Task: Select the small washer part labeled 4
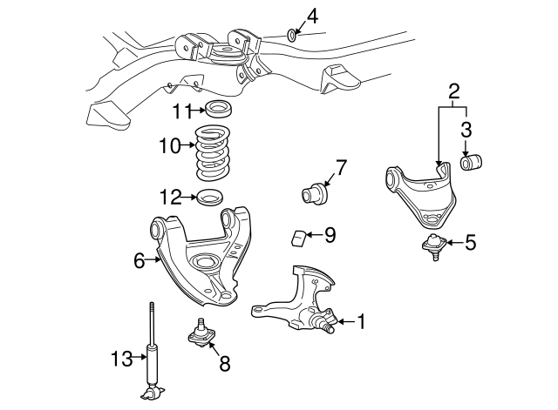tap(292, 35)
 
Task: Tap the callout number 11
tap(180, 111)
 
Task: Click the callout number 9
tap(330, 234)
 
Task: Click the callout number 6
tap(139, 259)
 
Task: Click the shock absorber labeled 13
tap(153, 353)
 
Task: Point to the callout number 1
tap(361, 322)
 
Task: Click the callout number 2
tap(453, 91)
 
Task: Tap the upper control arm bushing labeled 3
tap(476, 164)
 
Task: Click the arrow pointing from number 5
tap(449, 244)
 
